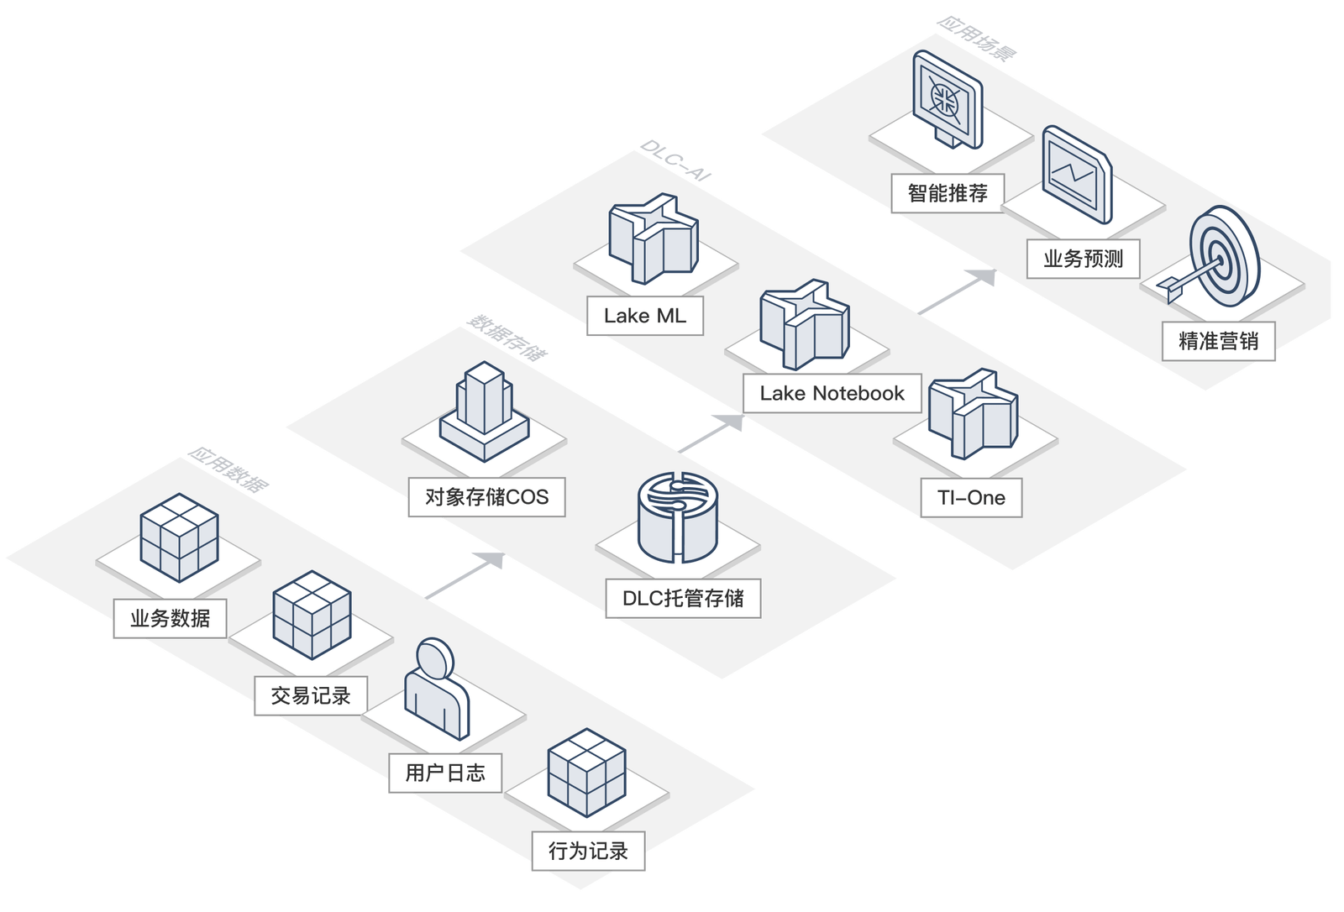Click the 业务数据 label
[171, 618]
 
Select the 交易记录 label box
[311, 695]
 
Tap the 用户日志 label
[445, 773]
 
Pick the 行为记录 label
[588, 851]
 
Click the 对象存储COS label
[486, 497]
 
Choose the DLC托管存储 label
[683, 598]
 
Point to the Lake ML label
[644, 316]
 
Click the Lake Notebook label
[832, 393]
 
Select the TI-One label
[971, 497]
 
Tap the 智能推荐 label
[948, 193]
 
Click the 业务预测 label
[1084, 259]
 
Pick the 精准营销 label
[1219, 341]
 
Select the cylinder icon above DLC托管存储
[678, 516]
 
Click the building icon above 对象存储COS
[485, 411]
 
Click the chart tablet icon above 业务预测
[1077, 175]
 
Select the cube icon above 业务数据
[179, 537]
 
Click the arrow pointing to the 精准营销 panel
[958, 291]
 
